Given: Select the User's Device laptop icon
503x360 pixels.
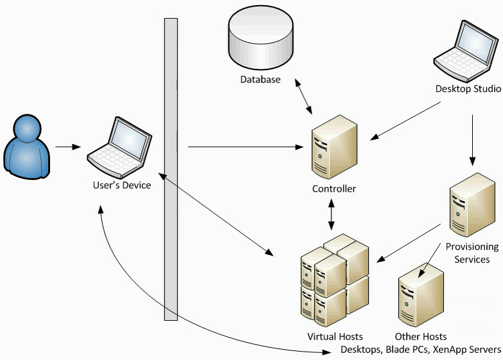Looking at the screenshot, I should pos(121,148).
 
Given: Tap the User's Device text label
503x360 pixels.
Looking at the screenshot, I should pos(122,185).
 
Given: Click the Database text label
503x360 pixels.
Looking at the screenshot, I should pos(260,80).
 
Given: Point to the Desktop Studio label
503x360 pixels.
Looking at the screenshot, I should pos(468,89).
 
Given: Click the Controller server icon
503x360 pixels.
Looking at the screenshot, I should pos(333,151).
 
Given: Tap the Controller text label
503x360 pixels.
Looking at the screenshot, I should pos(334,189).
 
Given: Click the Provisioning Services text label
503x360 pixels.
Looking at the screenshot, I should pos(472,253).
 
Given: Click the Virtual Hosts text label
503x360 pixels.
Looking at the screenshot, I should pos(335,336).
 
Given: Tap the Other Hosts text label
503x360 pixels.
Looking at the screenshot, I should pos(421,336).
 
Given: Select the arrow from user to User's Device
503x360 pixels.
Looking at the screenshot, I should pos(67,147).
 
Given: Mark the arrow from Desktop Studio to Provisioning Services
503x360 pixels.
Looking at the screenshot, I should pos(473,139).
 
